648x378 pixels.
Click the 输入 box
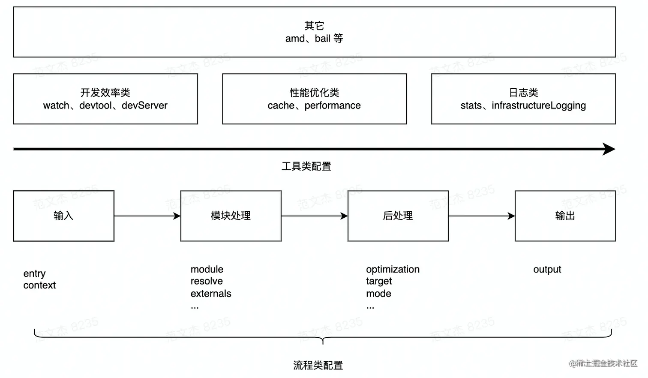pos(63,216)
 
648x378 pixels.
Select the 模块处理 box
pos(231,216)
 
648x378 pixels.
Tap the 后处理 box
pos(398,216)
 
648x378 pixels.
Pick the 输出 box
pos(565,216)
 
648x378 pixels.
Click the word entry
pos(34,274)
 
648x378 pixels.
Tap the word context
pos(39,285)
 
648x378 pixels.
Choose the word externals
pos(211,294)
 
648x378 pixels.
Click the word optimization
pos(393,270)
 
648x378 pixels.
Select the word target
pos(379,282)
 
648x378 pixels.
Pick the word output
pos(547,270)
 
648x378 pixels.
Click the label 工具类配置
pos(306,166)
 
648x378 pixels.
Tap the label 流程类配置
pos(318,365)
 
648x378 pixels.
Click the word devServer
pos(144,105)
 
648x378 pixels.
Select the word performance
pos(333,105)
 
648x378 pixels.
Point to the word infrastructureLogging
pos(539,106)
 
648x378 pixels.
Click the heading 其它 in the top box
pos(314,26)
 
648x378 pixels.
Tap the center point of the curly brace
pos(323,341)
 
